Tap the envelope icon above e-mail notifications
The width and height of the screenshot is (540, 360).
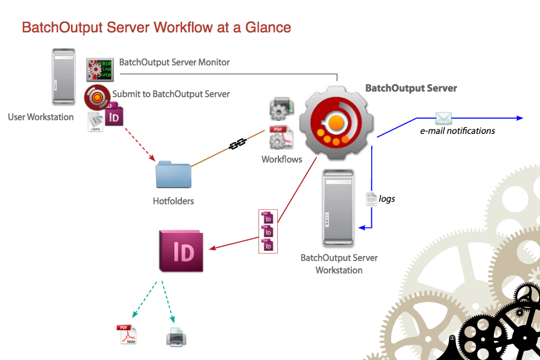[443, 118]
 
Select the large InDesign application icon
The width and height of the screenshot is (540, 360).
[182, 250]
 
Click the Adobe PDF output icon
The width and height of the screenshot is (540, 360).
[126, 334]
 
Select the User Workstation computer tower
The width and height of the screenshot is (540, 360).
[63, 77]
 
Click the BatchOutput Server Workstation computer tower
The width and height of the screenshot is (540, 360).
[339, 208]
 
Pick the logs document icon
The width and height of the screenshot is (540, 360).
[371, 199]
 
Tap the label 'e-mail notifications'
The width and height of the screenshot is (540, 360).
[457, 131]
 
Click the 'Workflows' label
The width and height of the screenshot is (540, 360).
[282, 159]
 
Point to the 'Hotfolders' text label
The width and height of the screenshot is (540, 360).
[173, 201]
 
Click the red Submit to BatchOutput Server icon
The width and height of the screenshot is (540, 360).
[97, 98]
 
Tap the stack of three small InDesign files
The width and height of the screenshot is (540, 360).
[268, 231]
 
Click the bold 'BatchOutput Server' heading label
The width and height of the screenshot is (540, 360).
[411, 88]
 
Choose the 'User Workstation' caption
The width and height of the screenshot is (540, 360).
[40, 117]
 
